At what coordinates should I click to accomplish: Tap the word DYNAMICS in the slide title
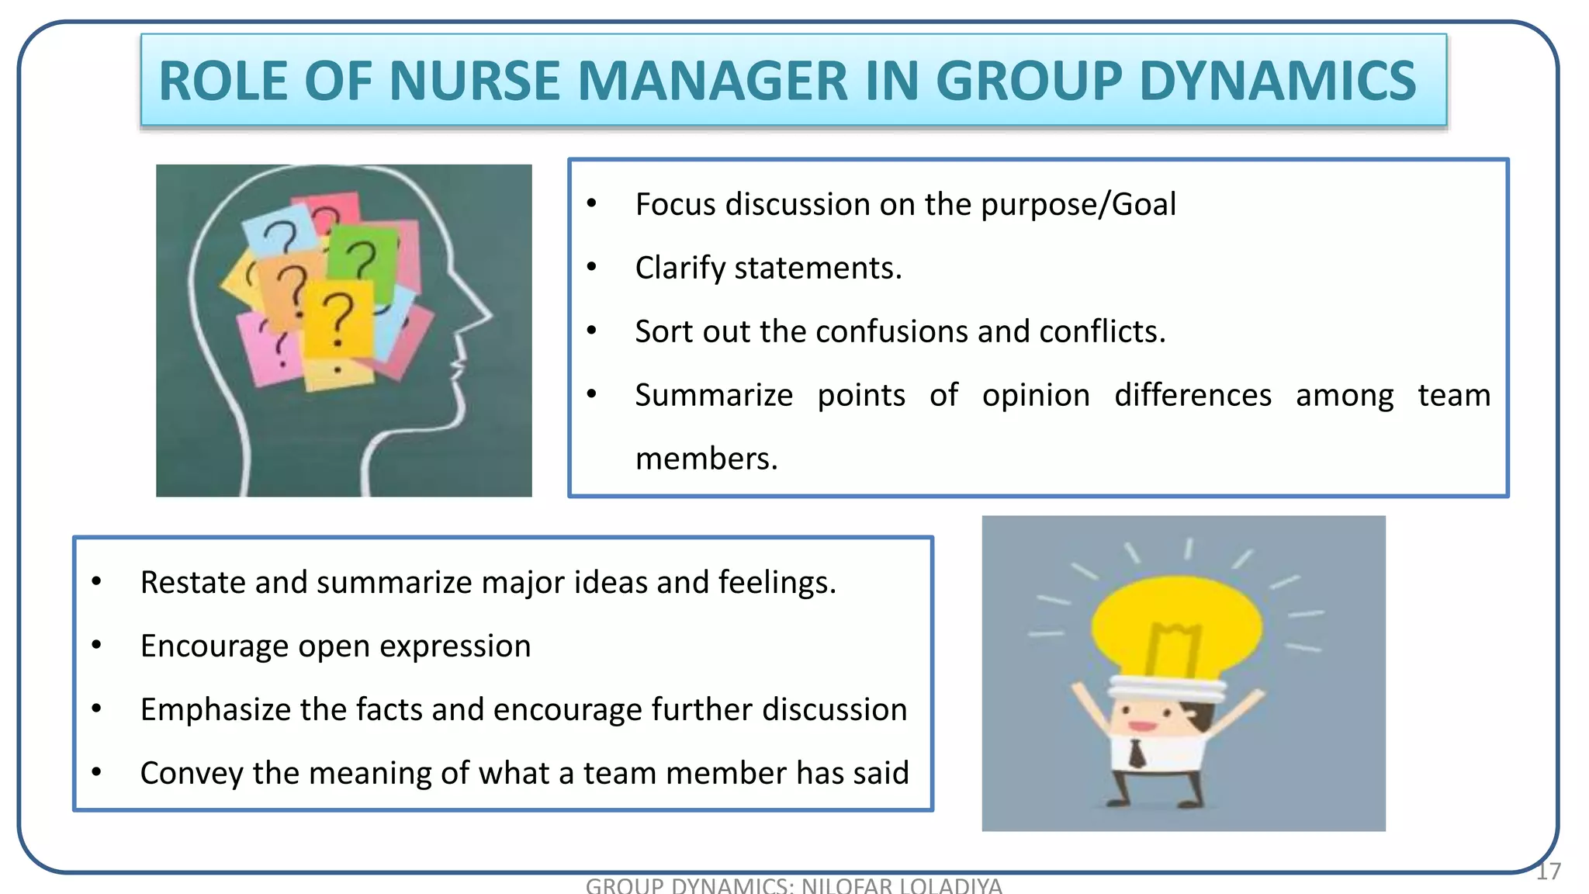point(1277,81)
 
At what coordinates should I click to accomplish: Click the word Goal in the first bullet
point(1144,205)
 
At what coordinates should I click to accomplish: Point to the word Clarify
point(680,269)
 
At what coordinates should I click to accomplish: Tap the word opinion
point(1036,396)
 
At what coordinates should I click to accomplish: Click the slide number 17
point(1548,871)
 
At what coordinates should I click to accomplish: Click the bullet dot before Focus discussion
point(591,204)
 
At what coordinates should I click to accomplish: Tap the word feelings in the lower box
point(777,583)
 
